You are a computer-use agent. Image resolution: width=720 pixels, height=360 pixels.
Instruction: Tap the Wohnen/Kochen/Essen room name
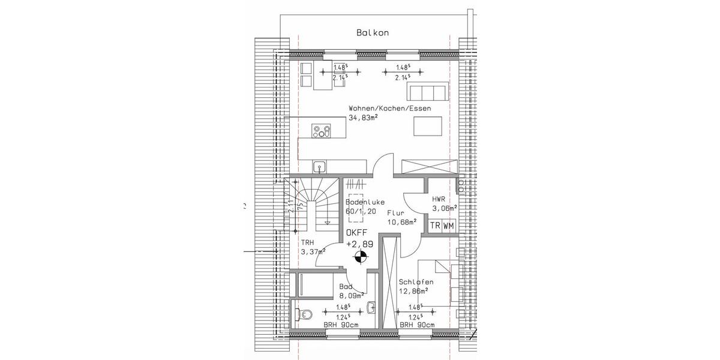pyautogui.click(x=390, y=109)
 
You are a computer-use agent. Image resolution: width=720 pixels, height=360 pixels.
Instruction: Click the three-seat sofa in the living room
pyautogui.click(x=427, y=92)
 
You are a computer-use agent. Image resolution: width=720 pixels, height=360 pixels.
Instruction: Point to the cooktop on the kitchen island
pyautogui.click(x=322, y=131)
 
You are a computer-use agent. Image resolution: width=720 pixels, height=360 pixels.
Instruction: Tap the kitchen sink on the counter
pyautogui.click(x=319, y=166)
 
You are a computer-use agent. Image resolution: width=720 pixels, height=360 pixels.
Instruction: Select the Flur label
pyautogui.click(x=395, y=213)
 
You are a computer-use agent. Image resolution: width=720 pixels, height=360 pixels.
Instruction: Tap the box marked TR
pyautogui.click(x=434, y=226)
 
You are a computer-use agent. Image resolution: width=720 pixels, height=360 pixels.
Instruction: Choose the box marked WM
pyautogui.click(x=448, y=226)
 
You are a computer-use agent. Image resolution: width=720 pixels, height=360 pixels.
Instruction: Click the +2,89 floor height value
pyautogui.click(x=360, y=244)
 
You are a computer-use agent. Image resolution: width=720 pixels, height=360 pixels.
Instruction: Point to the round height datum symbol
pyautogui.click(x=359, y=259)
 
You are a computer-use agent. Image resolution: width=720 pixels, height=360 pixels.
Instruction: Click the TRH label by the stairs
pyautogui.click(x=307, y=243)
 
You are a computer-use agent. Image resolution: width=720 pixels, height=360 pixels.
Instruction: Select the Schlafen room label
pyautogui.click(x=416, y=282)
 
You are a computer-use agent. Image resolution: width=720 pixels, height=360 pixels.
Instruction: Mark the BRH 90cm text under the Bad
pyautogui.click(x=340, y=325)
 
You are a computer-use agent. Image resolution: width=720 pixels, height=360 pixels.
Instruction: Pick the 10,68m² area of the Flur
pyautogui.click(x=402, y=222)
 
